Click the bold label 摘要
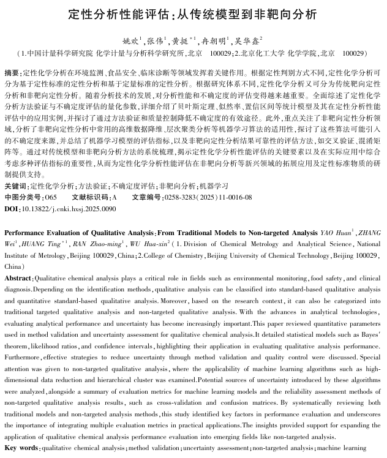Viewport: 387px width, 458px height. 11,72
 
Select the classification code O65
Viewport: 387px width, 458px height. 51,197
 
